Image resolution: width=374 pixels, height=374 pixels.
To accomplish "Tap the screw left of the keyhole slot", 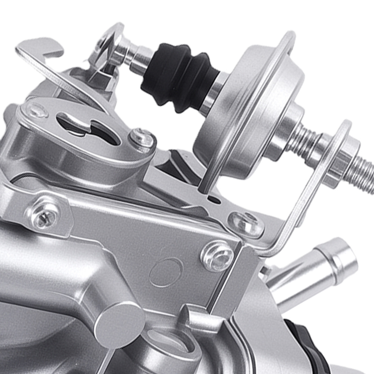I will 36,110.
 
